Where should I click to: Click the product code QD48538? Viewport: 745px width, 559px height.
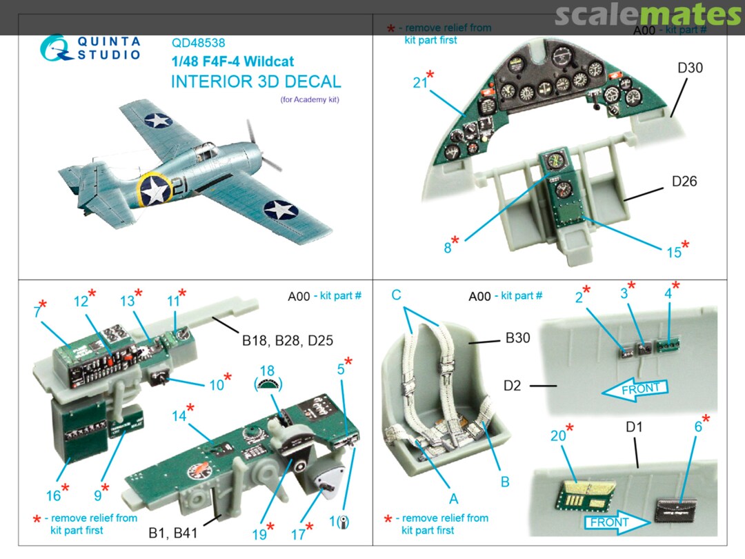click(199, 43)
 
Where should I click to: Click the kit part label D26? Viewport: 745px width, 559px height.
click(684, 182)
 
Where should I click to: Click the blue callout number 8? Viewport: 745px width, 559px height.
click(448, 248)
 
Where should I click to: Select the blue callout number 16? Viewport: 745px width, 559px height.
click(54, 495)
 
